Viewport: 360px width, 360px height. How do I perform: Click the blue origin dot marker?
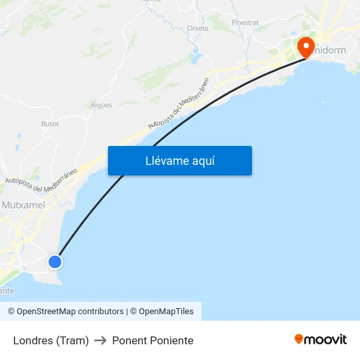55,262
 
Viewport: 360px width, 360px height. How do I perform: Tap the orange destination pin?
306,47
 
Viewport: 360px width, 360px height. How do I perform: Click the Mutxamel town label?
23,205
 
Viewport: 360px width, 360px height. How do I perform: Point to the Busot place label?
50,124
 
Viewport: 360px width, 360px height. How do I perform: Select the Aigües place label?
102,105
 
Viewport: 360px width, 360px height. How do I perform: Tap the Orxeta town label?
197,28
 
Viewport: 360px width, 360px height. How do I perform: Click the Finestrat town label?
245,22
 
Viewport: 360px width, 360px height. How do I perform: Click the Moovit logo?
321,340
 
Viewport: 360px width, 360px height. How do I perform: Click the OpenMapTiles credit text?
166,312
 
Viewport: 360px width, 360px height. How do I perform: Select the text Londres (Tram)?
50,340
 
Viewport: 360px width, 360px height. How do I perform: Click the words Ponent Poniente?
153,340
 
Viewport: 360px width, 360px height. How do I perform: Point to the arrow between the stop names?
100,340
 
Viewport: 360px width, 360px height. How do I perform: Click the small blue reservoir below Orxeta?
196,57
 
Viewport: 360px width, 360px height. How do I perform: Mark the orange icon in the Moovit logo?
299,339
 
